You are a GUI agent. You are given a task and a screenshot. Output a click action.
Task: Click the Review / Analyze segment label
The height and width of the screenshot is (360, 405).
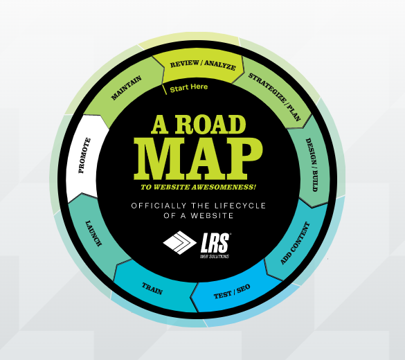coord(203,65)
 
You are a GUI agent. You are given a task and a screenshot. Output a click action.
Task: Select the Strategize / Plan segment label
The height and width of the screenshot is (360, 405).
coord(275,97)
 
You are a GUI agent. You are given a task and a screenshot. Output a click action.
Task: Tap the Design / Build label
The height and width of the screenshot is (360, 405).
coord(312,165)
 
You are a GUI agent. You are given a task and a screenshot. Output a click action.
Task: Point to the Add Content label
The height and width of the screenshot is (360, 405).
coord(295,243)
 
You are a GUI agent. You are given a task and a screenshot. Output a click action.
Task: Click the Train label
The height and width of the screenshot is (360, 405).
coord(152,289)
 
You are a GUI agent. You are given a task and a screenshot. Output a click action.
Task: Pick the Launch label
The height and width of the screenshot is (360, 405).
coord(93,233)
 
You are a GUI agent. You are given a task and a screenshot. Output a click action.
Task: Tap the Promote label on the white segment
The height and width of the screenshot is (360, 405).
coord(84,156)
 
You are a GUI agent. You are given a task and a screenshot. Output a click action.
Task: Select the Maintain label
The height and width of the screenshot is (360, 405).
coord(126,88)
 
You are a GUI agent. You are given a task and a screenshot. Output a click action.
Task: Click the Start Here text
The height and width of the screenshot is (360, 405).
coord(189,87)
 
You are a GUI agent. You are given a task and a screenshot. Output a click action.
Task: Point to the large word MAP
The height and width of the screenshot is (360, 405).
coord(198,159)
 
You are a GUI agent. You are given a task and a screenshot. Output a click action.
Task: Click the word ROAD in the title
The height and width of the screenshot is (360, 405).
coord(210,125)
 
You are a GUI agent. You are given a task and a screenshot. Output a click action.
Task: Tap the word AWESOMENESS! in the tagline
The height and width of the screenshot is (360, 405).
coord(224,187)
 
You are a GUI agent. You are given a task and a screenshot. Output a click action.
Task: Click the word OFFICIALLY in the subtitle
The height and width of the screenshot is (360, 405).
coord(159,206)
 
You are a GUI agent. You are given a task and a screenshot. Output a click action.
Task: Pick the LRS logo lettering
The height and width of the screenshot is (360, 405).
coord(215,243)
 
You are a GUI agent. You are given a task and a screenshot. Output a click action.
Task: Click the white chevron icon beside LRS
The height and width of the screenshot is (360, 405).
coord(179,242)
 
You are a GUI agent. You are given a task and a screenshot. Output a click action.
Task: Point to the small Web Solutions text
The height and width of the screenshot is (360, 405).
coord(215,256)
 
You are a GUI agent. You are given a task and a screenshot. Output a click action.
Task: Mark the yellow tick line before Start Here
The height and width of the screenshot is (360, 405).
coord(165,89)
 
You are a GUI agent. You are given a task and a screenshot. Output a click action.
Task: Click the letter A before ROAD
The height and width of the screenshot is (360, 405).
coord(160,125)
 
